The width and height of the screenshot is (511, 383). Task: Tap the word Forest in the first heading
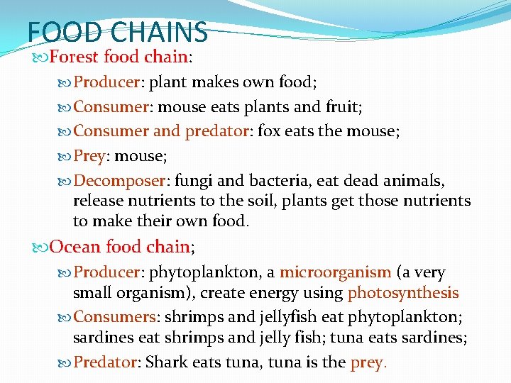click(x=75, y=56)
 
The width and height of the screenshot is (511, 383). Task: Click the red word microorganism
click(x=335, y=272)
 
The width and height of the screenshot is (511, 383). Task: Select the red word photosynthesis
click(x=403, y=293)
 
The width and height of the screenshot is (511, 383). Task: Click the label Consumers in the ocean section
click(x=114, y=317)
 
